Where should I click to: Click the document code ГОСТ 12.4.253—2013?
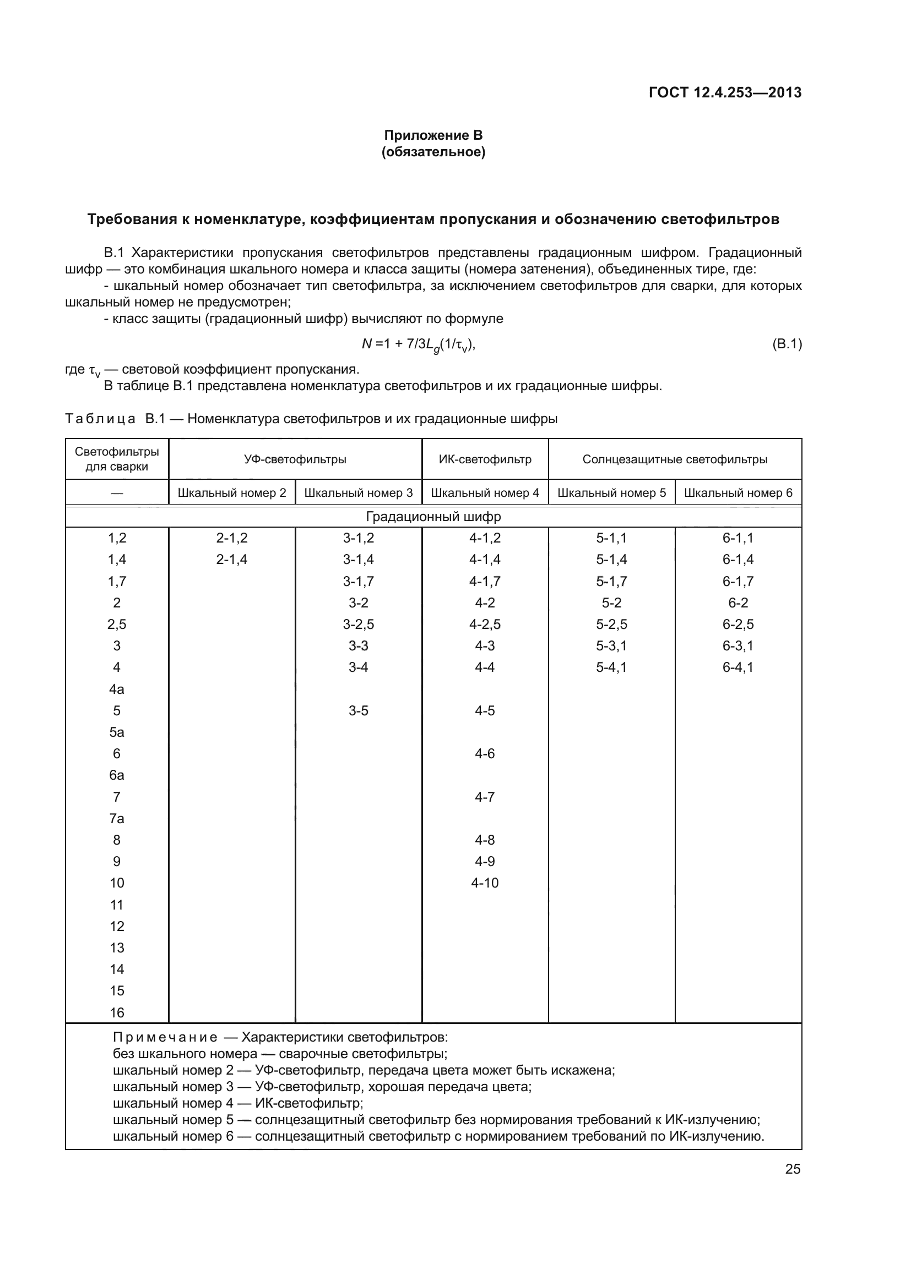(725, 92)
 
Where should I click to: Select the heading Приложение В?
(433, 135)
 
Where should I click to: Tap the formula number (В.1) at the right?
(787, 343)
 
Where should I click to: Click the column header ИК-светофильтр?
(485, 459)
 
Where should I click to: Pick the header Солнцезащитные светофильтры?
(674, 459)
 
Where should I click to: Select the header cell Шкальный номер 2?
(232, 492)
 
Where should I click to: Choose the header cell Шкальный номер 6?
(738, 492)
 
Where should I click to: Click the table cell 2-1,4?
(232, 560)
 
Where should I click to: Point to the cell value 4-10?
(485, 883)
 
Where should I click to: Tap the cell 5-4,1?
(611, 667)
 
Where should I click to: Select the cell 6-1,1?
(738, 538)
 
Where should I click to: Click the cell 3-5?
(358, 711)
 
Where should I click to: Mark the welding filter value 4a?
(117, 689)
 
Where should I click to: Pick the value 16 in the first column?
(117, 1012)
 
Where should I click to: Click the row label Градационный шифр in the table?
(433, 516)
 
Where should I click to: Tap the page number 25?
(793, 1169)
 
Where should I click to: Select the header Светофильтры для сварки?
(117, 459)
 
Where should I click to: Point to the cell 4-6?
(485, 754)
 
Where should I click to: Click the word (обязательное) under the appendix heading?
(433, 152)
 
